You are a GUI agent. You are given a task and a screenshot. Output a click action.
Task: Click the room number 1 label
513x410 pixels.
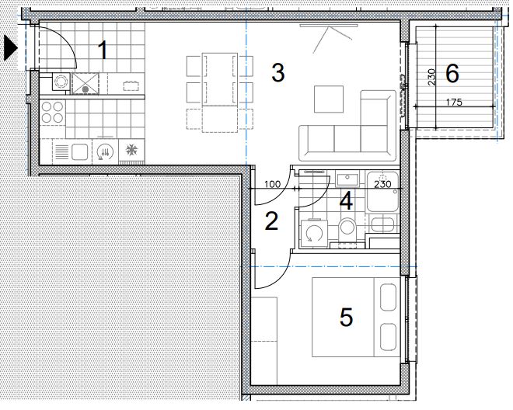pos(103,50)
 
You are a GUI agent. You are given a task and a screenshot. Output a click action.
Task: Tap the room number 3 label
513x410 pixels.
pos(278,73)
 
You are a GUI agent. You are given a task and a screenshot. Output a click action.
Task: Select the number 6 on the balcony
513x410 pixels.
pos(452,74)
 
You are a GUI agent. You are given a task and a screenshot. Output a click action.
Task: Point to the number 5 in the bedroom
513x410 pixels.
pos(347,317)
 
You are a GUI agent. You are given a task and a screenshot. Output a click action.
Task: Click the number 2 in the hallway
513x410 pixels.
pos(271,221)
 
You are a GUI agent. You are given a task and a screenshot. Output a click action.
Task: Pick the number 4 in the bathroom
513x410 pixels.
pos(346,201)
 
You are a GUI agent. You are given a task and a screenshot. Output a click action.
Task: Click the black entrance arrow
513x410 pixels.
pos(10,48)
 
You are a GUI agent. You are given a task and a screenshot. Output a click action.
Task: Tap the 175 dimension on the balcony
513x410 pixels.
pos(455,102)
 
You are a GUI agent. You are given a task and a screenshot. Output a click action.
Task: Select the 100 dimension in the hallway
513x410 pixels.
pos(273,184)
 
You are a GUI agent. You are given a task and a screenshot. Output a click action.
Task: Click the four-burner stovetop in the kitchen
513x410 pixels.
pos(52,112)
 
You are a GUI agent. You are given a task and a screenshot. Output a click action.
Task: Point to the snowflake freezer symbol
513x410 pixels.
pos(131,150)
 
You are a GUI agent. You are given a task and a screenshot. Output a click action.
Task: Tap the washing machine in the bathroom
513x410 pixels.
pos(312,231)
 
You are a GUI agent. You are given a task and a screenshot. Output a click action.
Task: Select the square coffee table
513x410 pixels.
pos(329,99)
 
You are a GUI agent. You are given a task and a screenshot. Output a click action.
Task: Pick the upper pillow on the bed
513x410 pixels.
pos(389,297)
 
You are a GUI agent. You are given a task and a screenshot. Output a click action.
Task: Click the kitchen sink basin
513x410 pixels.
pos(79,152)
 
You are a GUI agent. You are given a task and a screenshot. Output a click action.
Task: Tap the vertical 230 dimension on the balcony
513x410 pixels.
pos(431,77)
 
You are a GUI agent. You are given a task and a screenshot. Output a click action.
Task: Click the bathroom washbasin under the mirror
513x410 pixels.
pos(347,179)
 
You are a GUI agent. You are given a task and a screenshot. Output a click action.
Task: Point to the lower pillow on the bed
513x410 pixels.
pos(389,337)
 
